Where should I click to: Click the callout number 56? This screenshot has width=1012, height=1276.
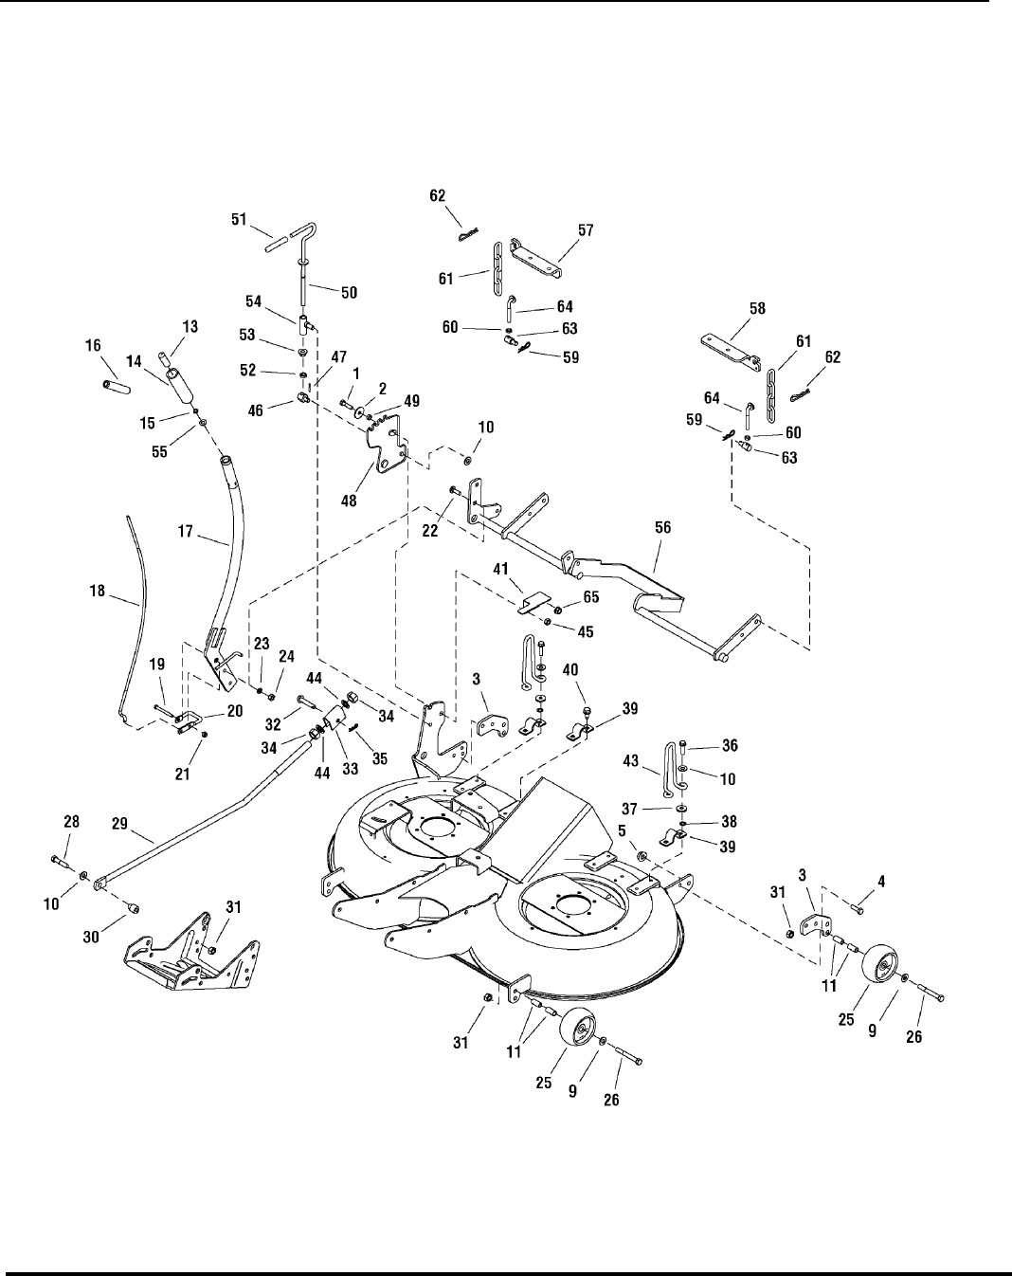pos(662,527)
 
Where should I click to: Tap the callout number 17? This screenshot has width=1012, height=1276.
pos(186,531)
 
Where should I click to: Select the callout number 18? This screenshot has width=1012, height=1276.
pos(98,591)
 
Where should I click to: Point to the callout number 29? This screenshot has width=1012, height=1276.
pos(119,824)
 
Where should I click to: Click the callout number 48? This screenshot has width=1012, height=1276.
pos(350,501)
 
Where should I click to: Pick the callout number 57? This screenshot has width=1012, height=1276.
pos(586,230)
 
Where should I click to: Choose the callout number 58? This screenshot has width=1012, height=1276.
pos(758,308)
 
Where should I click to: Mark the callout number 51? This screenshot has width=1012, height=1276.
pos(239,219)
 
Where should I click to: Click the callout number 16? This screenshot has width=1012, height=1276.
pos(93,345)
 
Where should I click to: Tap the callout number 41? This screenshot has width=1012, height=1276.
pos(501,569)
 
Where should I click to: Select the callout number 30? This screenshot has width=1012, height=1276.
pos(91,938)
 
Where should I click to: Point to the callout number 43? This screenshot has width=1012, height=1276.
pos(631,760)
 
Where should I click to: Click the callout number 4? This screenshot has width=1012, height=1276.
pos(881,882)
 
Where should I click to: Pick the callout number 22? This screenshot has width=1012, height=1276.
pos(430,531)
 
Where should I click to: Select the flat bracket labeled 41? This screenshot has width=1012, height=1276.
pos(532,603)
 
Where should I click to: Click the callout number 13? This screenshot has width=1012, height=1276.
pos(190,327)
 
